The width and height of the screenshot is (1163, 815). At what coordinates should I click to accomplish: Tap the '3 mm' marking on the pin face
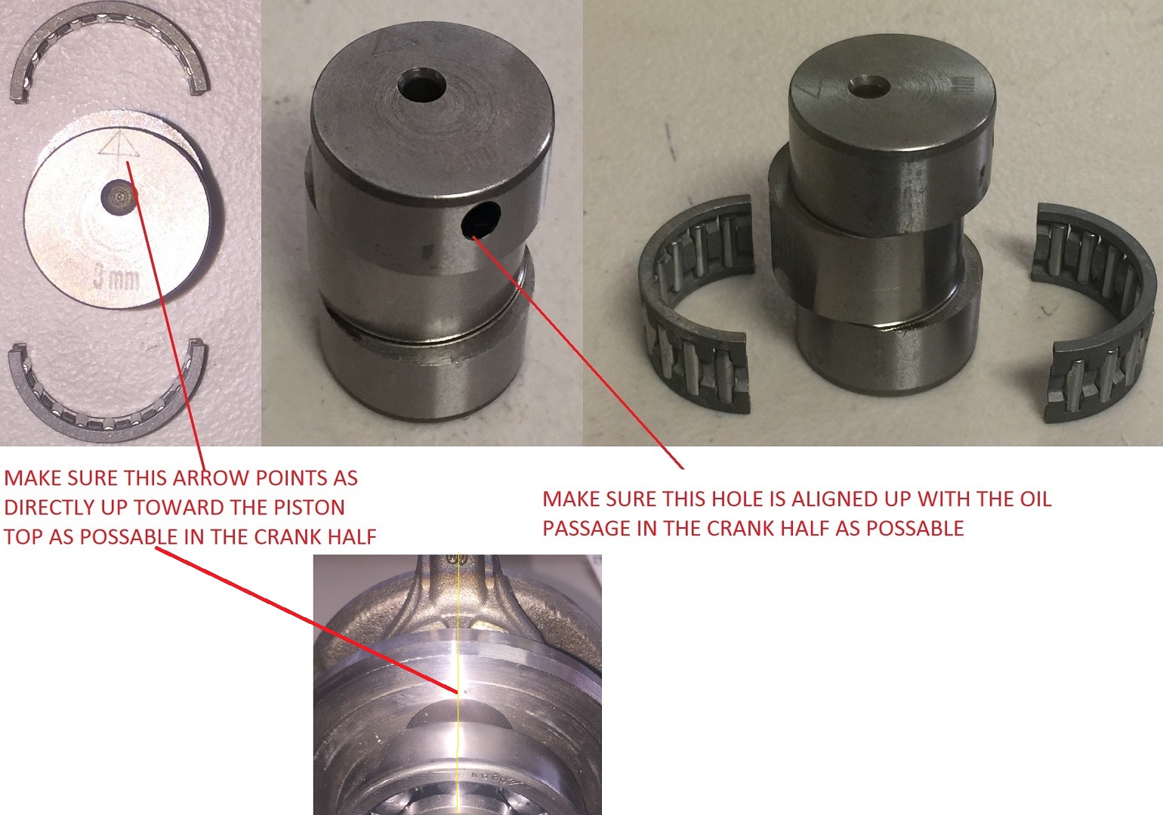click(116, 277)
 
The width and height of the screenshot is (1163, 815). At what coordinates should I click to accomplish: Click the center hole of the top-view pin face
click(119, 197)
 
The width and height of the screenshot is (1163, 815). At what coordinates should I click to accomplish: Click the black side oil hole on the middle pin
click(482, 219)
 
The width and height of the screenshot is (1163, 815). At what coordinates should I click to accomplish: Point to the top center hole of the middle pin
click(422, 85)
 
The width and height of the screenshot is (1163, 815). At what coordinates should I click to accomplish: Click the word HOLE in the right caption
click(736, 499)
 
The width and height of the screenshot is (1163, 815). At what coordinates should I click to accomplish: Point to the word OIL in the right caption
click(1033, 499)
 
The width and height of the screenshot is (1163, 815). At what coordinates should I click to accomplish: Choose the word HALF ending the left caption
click(350, 537)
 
